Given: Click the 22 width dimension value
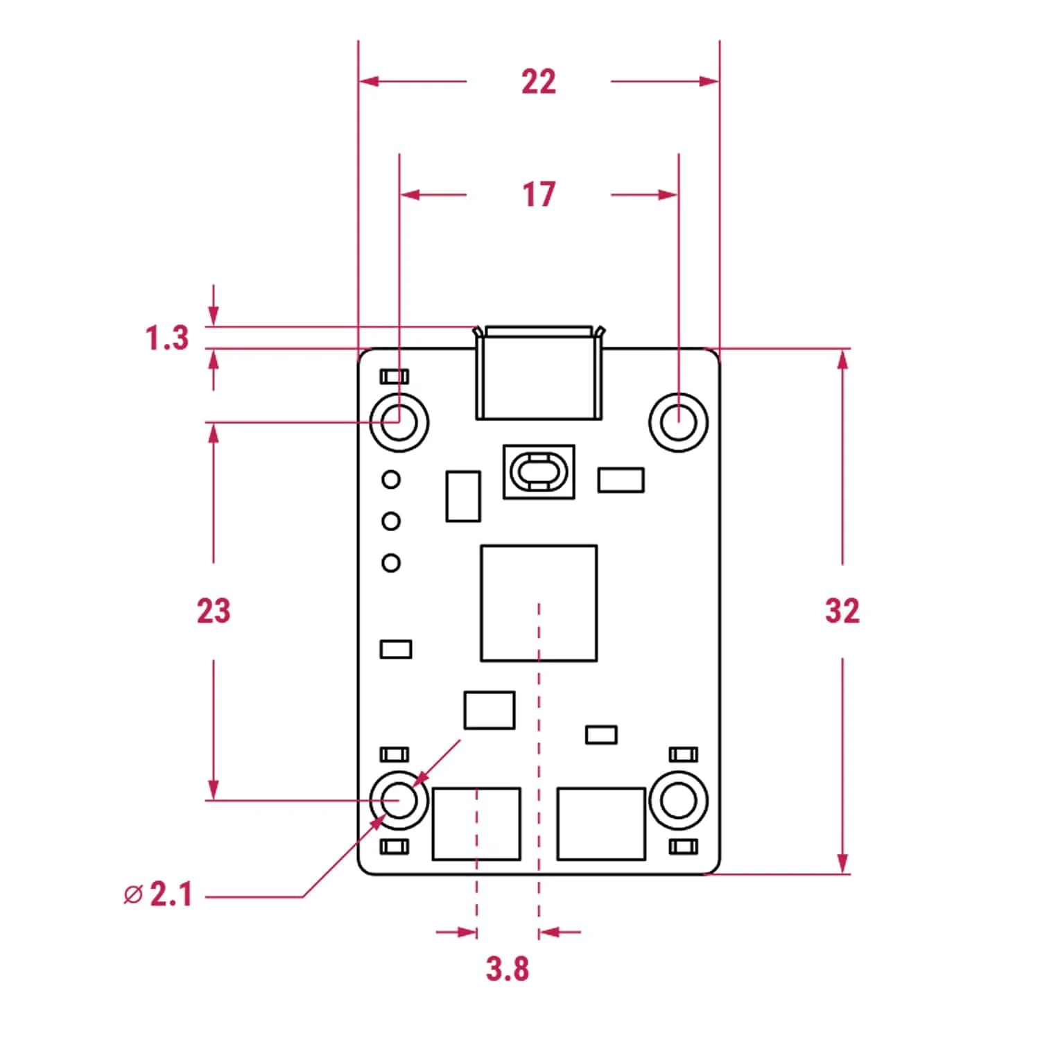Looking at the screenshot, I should [x=539, y=82].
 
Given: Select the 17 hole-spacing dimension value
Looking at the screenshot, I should [x=539, y=194].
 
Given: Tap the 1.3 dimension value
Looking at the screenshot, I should [x=167, y=338].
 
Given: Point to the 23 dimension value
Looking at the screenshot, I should [x=213, y=611].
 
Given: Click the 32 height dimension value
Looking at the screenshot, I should [x=842, y=611].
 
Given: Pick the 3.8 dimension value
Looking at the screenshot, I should [x=508, y=969].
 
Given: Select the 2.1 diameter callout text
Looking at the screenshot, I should [x=171, y=894].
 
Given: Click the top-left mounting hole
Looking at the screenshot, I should [x=399, y=422].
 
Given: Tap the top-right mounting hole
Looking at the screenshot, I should [x=678, y=422].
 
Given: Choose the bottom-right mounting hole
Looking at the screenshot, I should [x=678, y=800].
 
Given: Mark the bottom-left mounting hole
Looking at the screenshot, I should [x=399, y=800].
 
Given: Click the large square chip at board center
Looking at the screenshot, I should [x=539, y=603].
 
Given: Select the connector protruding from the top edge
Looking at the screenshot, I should [x=538, y=374].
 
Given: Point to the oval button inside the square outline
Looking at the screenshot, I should [x=539, y=471].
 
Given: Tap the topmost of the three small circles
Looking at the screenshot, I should [x=391, y=479].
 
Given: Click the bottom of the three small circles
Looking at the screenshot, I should [x=391, y=562].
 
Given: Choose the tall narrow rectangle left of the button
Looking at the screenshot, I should [x=463, y=496].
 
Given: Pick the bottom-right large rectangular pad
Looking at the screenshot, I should [x=601, y=824].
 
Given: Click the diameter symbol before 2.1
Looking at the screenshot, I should [x=132, y=894].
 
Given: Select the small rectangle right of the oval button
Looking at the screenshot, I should [x=621, y=480].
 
